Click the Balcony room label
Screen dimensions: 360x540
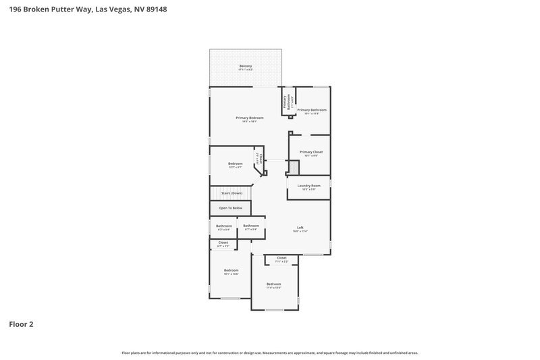click(246, 66)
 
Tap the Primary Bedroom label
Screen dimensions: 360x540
click(249, 118)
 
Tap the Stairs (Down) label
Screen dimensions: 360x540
click(231, 193)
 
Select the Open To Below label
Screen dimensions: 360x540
click(230, 208)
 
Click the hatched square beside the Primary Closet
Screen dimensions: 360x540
click(293, 167)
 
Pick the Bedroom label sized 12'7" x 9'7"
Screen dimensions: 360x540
click(235, 164)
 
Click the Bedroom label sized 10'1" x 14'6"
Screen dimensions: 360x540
click(231, 271)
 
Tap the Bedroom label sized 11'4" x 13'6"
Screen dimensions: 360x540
click(273, 284)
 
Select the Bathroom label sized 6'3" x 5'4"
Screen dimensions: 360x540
click(223, 226)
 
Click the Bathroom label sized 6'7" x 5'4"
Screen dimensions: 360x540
click(251, 226)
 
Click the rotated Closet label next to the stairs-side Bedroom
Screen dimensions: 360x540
click(257, 159)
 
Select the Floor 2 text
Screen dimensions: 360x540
click(21, 324)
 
